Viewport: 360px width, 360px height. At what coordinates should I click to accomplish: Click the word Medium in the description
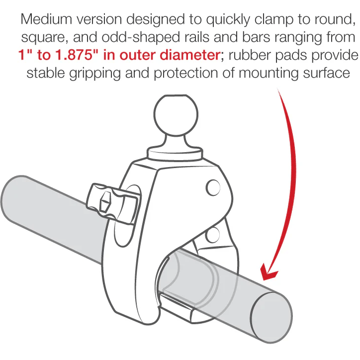(x=46, y=19)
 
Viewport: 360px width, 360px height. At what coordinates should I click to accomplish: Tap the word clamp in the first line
(x=273, y=19)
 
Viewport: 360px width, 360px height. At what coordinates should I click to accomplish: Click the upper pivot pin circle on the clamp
(x=213, y=187)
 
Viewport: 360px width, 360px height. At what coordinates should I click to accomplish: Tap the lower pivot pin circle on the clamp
(x=212, y=235)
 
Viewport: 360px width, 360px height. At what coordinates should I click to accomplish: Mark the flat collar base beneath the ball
(x=175, y=153)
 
